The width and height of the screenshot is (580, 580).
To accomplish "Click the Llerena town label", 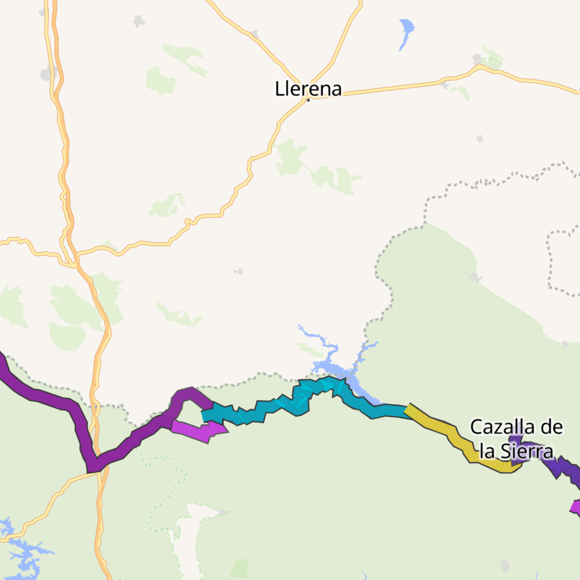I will tap(308, 89).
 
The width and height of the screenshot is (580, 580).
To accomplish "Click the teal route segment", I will tap(269, 409).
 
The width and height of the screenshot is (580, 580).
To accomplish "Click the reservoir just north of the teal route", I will tap(330, 364).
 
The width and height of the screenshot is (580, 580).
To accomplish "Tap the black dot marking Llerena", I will tap(308, 100).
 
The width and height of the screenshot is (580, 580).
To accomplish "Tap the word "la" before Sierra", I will tap(486, 451).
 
